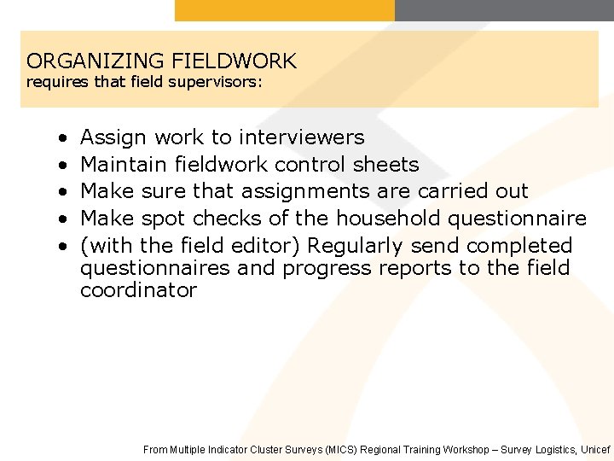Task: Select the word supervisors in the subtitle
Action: pos(218,83)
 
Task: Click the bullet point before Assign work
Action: pos(63,137)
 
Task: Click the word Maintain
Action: pos(124,164)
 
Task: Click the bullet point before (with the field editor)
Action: pos(63,246)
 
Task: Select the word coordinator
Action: pos(138,290)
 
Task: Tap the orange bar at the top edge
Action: pos(285,10)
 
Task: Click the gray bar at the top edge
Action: pos(504,10)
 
